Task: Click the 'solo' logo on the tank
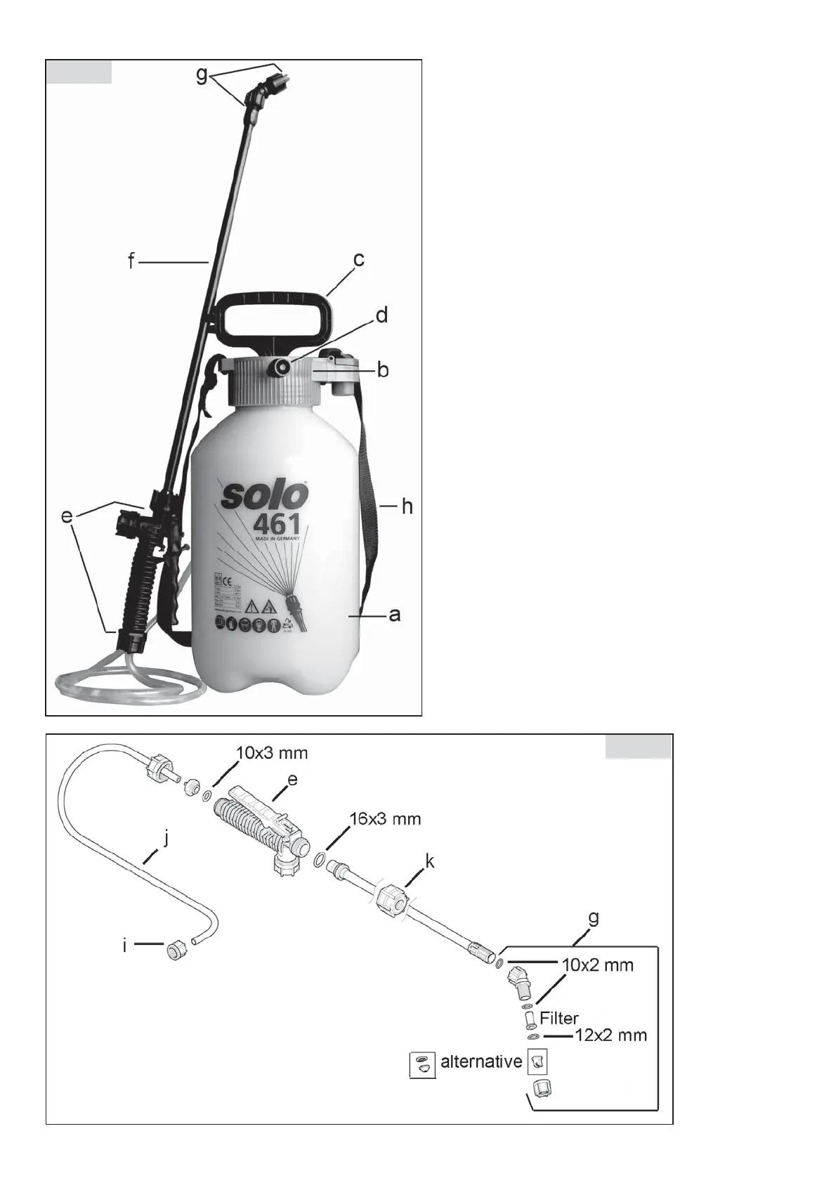pyautogui.click(x=266, y=495)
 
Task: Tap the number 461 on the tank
pyautogui.click(x=273, y=525)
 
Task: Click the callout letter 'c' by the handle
pyautogui.click(x=358, y=260)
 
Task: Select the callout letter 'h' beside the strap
pyautogui.click(x=407, y=506)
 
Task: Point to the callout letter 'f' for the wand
pyautogui.click(x=131, y=262)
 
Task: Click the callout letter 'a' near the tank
pyautogui.click(x=395, y=615)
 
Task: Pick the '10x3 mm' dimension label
pyautogui.click(x=273, y=753)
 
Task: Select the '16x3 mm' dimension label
pyautogui.click(x=386, y=818)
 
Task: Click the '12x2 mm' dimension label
pyautogui.click(x=611, y=1035)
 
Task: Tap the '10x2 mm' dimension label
pyautogui.click(x=598, y=965)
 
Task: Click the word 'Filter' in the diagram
pyautogui.click(x=559, y=1018)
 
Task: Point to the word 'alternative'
pyautogui.click(x=481, y=1061)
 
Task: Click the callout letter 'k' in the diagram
pyautogui.click(x=429, y=861)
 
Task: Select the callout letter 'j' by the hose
pyautogui.click(x=166, y=838)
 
